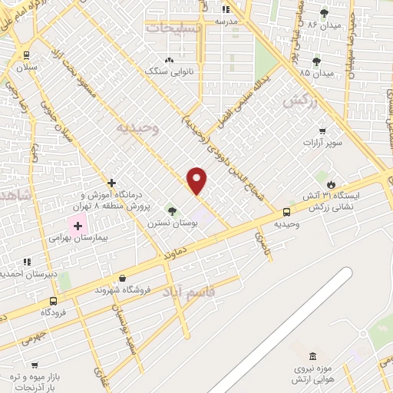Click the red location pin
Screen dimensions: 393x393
(x=197, y=180)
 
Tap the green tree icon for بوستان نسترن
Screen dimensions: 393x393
(x=171, y=210)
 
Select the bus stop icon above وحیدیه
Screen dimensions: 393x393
(x=286, y=211)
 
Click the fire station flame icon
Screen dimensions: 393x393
(x=331, y=184)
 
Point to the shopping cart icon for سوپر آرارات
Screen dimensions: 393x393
(x=322, y=131)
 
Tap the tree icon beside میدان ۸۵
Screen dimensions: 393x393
(x=316, y=61)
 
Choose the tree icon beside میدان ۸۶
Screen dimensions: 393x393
(x=324, y=13)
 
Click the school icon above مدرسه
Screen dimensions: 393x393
(x=226, y=9)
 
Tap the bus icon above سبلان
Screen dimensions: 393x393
(x=27, y=54)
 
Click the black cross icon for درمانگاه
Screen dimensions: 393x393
(x=112, y=183)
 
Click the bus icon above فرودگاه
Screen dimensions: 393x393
(x=53, y=301)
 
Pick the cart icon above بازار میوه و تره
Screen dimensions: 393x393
(x=34, y=365)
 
